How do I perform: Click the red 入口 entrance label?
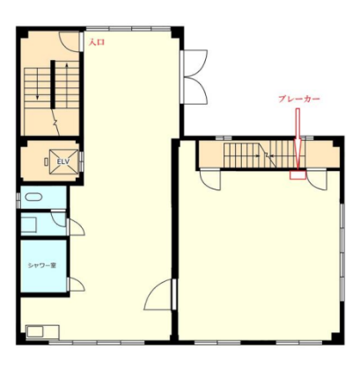[97, 42]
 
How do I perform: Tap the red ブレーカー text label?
[298, 99]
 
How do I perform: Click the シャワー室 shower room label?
[42, 265]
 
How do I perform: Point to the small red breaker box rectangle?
[298, 175]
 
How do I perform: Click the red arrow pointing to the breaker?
[298, 139]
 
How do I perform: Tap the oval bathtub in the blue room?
[33, 197]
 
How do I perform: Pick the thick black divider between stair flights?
[53, 85]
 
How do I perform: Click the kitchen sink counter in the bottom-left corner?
[42, 332]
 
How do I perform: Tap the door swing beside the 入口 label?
[70, 41]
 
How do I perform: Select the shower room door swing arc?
[77, 284]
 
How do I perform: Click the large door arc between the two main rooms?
[158, 294]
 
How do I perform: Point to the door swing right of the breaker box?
[317, 180]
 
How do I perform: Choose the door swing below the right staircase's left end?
[210, 180]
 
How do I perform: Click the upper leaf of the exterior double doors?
[195, 63]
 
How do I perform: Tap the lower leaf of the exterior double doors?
[195, 90]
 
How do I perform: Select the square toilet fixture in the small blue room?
[29, 225]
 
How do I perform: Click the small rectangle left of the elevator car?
[46, 161]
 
